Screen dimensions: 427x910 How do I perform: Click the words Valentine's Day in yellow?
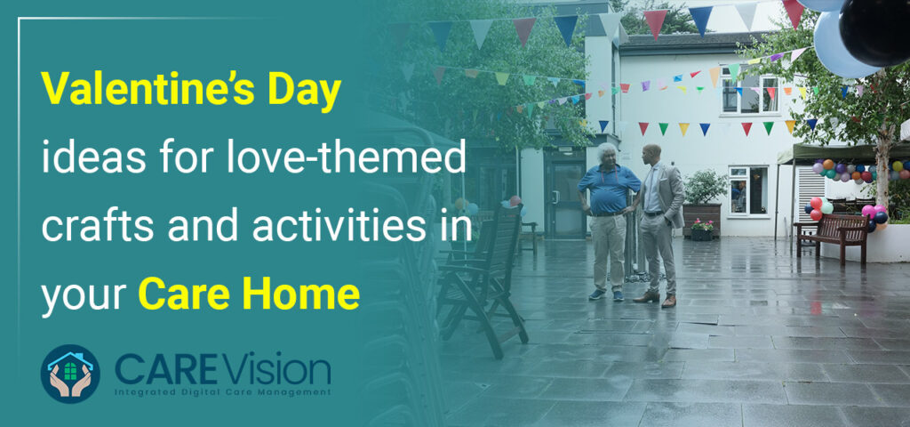192,93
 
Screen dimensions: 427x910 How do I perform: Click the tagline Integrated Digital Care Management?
221,391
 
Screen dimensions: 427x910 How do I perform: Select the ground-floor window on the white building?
746,190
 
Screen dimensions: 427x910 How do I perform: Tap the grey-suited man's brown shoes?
655,298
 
